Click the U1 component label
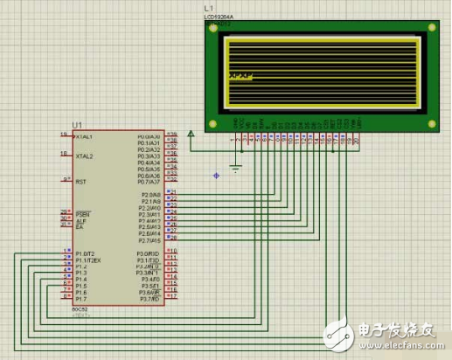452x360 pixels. [x=79, y=125]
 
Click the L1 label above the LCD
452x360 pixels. [x=208, y=8]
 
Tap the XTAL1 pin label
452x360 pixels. [x=86, y=136]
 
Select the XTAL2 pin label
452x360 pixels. [x=85, y=156]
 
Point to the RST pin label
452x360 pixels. [x=81, y=182]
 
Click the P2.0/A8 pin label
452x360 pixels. [x=150, y=194]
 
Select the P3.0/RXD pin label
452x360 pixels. [x=149, y=253]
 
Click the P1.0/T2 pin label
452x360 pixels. [x=87, y=253]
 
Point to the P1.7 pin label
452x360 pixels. [x=81, y=299]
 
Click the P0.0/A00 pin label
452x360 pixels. [x=149, y=136]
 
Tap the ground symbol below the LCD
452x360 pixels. [x=235, y=165]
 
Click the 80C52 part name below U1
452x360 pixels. [x=80, y=309]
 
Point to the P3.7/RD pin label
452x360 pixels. [x=150, y=299]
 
